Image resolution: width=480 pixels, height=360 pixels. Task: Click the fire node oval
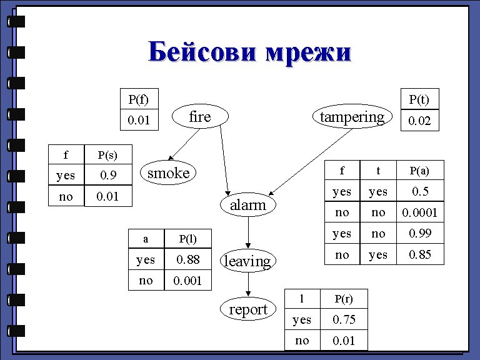pos(200,117)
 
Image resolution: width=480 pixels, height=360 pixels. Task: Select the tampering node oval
pos(352,117)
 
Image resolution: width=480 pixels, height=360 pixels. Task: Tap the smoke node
pos(167,173)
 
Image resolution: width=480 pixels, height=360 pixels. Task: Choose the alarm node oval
pos(247,205)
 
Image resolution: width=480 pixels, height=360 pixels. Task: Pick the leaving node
pos(247,261)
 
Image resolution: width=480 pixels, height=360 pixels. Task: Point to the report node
pos(247,309)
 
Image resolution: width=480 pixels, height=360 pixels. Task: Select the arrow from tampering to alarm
pos(307,161)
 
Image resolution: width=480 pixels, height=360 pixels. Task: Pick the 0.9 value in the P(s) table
pos(109,176)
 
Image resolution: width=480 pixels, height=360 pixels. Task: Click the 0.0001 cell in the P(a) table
pos(419,213)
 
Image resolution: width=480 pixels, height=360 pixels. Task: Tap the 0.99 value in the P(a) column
pos(419,234)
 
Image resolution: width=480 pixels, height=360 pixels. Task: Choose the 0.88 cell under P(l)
pos(187,259)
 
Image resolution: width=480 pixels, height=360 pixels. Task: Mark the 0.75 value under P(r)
pos(344,320)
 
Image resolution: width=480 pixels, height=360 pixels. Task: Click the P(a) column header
pos(419,171)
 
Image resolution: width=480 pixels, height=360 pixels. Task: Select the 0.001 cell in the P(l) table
pos(187,281)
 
